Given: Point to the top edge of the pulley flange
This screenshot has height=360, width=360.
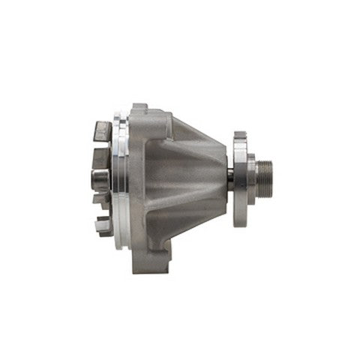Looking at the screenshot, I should [240, 136].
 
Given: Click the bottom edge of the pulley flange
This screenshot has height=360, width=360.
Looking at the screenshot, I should [240, 223].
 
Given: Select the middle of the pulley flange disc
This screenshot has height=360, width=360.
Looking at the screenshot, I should [240, 180].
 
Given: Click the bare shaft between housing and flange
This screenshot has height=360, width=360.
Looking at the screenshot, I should [229, 181].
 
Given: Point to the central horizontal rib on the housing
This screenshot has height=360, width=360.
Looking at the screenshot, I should [184, 180].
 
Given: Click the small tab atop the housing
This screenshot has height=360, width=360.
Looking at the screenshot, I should [138, 106].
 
